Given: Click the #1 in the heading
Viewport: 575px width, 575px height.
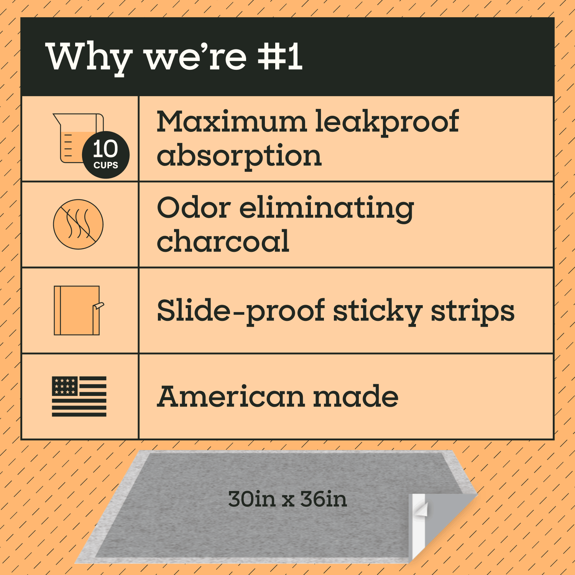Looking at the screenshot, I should (x=280, y=57).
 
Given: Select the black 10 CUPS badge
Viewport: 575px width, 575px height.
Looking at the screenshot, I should (x=106, y=155).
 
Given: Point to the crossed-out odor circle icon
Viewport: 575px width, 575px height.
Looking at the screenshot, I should (x=78, y=224).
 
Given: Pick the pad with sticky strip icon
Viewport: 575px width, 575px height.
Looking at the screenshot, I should (x=78, y=310).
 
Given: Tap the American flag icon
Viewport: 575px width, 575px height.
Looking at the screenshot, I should (x=79, y=396).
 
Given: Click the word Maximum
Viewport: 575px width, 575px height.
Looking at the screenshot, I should (x=232, y=122).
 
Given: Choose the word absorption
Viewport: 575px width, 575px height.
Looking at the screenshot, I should (x=239, y=156).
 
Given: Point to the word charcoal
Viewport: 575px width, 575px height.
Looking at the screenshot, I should (x=223, y=242).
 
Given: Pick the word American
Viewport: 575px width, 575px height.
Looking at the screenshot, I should (x=232, y=397).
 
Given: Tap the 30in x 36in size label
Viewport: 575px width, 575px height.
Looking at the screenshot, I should (x=287, y=499).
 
